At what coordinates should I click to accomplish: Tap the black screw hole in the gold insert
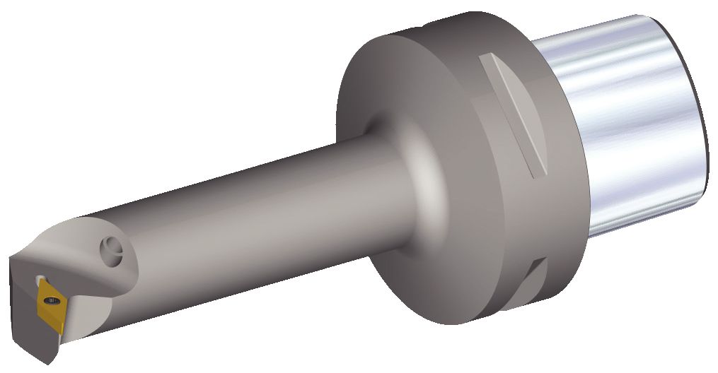[x=48, y=302]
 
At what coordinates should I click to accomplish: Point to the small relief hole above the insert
[x=41, y=278]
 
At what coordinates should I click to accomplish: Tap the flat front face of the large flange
[x=396, y=106]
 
